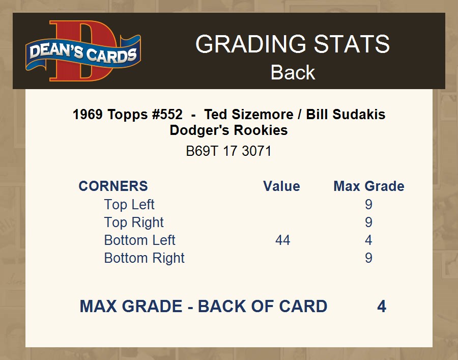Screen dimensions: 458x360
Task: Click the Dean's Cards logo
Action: pyautogui.click(x=83, y=51)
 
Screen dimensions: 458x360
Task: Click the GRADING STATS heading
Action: pyautogui.click(x=293, y=44)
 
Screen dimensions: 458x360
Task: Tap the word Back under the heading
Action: pyautogui.click(x=293, y=72)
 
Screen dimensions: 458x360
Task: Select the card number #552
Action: pyautogui.click(x=167, y=114)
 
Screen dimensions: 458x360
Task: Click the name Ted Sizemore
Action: pyautogui.click(x=248, y=114)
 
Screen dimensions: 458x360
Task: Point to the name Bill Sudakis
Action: pyautogui.click(x=346, y=114)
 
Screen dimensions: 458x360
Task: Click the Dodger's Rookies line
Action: pyautogui.click(x=228, y=130)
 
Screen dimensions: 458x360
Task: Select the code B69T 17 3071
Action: pyautogui.click(x=228, y=151)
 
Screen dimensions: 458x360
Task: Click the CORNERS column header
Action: pyautogui.click(x=113, y=186)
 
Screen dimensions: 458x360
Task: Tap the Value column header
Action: pyautogui.click(x=281, y=186)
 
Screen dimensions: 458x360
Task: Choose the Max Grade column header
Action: pyautogui.click(x=369, y=186)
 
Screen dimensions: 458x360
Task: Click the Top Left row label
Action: pyautogui.click(x=129, y=205)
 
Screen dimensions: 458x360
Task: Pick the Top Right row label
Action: pyautogui.click(x=134, y=223)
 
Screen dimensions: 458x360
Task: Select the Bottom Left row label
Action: pyautogui.click(x=139, y=240)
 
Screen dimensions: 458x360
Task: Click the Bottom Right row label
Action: pyautogui.click(x=145, y=258)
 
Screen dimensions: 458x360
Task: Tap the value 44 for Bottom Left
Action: pyautogui.click(x=283, y=240)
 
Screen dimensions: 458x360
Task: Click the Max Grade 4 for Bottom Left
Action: pyautogui.click(x=368, y=240)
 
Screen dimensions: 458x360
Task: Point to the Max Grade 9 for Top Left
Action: pyautogui.click(x=368, y=205)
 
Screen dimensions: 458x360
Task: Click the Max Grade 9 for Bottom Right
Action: pyautogui.click(x=368, y=258)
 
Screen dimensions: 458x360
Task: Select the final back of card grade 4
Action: pyautogui.click(x=382, y=306)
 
